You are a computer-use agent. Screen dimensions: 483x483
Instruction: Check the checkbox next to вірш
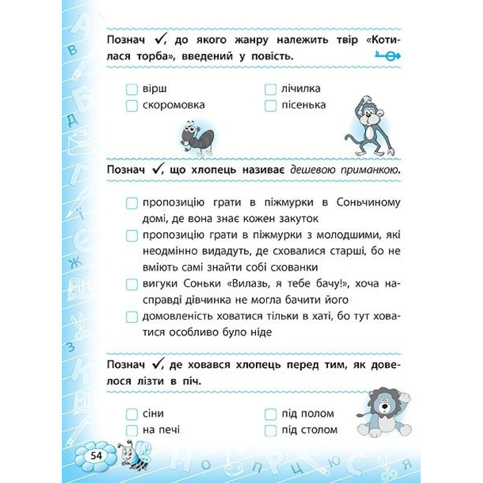tap(132, 90)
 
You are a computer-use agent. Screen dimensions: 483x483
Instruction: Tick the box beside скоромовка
tap(132, 105)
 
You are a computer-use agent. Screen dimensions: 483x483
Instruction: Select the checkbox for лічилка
tap(270, 90)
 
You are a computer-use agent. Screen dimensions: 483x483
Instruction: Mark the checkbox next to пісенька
tap(270, 105)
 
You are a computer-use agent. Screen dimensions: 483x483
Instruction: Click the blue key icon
tap(388, 57)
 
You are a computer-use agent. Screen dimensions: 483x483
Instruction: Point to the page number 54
tap(96, 456)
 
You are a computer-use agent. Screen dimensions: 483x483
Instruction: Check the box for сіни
tap(132, 414)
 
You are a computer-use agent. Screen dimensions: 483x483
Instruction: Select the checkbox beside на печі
tap(132, 430)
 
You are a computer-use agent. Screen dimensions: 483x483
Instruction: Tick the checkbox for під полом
tap(270, 414)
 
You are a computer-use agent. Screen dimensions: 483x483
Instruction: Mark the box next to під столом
tap(270, 430)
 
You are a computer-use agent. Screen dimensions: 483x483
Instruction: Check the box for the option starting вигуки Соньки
tap(132, 284)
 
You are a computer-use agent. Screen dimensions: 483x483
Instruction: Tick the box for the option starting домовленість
tap(132, 317)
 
